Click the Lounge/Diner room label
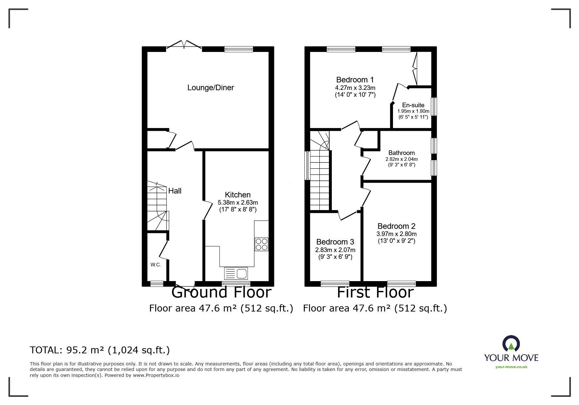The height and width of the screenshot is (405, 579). [x=211, y=88]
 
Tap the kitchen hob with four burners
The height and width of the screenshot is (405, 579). [x=262, y=244]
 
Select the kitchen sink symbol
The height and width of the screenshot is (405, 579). [x=236, y=273]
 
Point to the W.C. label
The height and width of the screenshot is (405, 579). [x=156, y=265]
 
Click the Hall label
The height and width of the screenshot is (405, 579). [x=175, y=191]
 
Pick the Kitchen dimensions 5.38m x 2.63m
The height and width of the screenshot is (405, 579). [x=238, y=203]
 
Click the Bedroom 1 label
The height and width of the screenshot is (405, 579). [x=355, y=80]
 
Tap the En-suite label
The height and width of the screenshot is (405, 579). [x=413, y=105]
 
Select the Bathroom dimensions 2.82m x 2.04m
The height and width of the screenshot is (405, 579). [x=401, y=159]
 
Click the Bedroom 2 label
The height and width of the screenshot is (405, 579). [x=396, y=226]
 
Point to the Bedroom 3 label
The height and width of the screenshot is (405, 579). [x=335, y=242]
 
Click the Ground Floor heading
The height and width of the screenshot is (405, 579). [x=221, y=292]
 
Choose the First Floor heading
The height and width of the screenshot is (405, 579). [x=375, y=292]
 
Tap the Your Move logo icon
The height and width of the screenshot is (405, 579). [x=511, y=344]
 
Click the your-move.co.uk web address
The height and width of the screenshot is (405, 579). [x=511, y=367]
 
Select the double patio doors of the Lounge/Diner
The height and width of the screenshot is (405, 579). [x=184, y=45]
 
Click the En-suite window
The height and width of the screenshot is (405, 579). [x=434, y=106]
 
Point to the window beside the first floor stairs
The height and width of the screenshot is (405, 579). [x=307, y=165]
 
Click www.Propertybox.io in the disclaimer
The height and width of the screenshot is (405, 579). [x=156, y=375]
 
